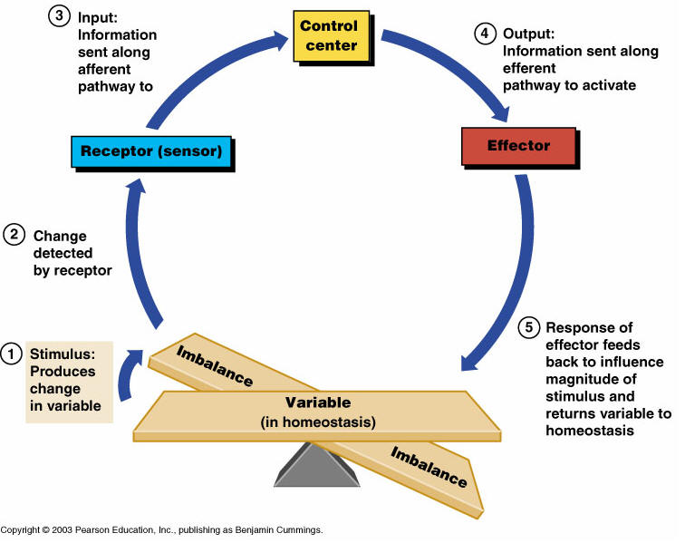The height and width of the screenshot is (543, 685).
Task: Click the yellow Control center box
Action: [329, 36]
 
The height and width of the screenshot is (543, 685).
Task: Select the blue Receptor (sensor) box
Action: [150, 150]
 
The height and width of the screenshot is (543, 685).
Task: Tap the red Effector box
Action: [518, 146]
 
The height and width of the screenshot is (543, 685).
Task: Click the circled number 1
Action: [13, 353]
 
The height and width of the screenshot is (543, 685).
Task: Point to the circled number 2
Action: [13, 235]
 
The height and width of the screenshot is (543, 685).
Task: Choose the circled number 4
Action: [486, 34]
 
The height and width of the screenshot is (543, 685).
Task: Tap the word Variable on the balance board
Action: [318, 402]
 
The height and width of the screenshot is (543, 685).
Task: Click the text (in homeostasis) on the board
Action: [318, 422]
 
